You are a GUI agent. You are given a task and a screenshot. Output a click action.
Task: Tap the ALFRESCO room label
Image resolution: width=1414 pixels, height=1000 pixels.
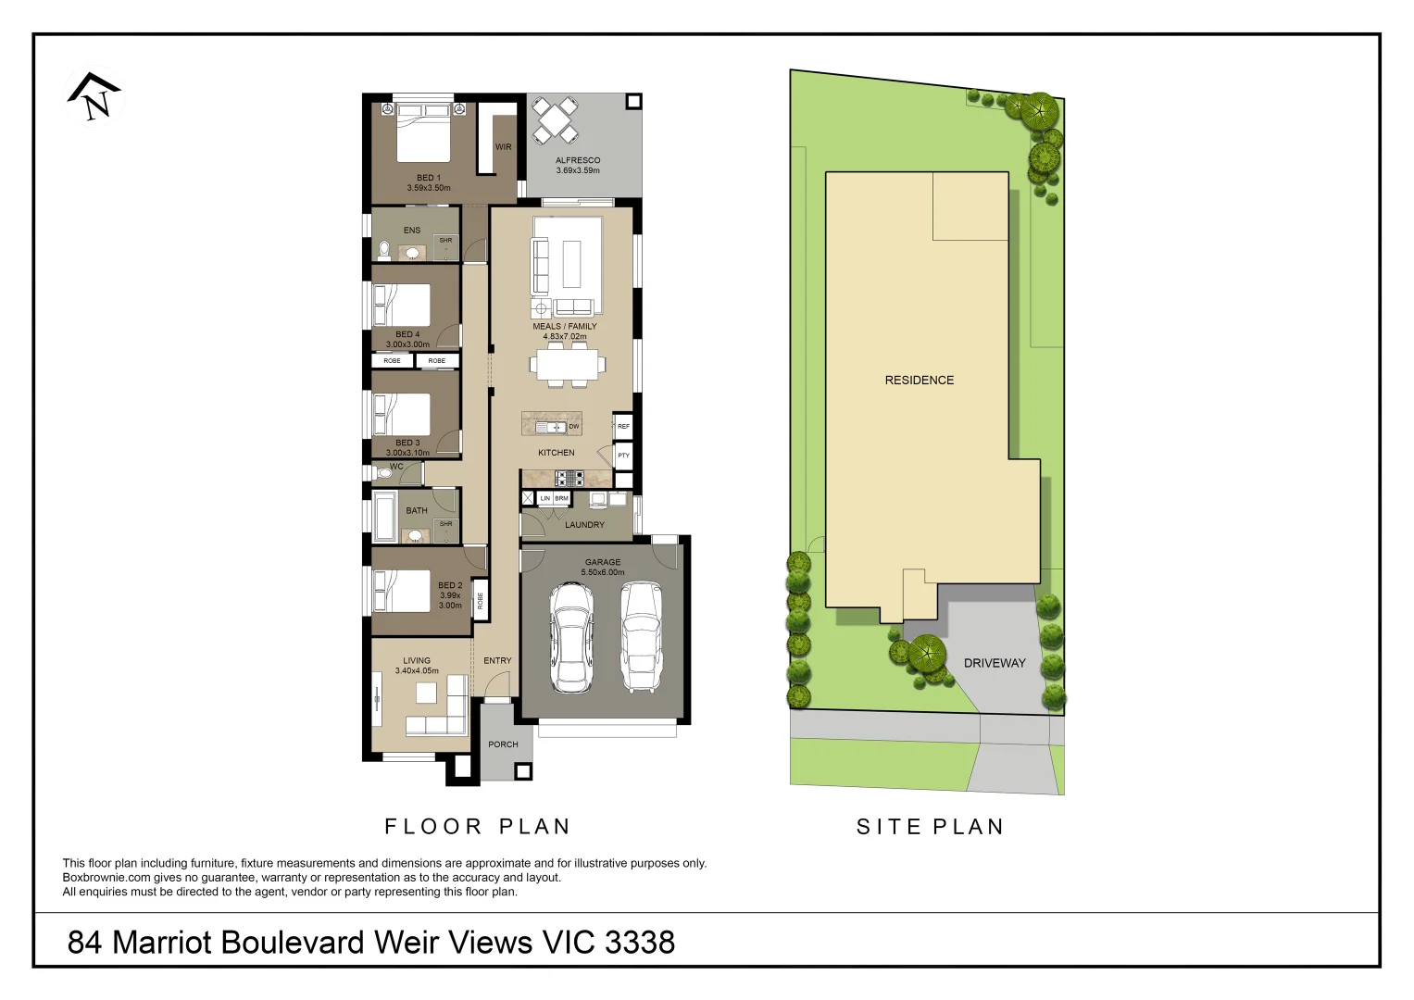tap(578, 160)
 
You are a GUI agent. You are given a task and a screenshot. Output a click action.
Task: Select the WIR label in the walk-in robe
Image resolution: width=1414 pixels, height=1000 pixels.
tap(503, 147)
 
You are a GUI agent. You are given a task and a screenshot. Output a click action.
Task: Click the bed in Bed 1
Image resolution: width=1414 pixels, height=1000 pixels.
tap(424, 133)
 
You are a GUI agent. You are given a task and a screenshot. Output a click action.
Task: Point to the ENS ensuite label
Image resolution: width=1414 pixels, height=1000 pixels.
tap(412, 231)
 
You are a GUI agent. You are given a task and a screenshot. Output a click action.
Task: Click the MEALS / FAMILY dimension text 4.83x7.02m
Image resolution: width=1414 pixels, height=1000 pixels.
tap(565, 337)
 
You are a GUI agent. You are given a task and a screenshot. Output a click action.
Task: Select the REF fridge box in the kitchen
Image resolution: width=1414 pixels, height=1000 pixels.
tap(623, 427)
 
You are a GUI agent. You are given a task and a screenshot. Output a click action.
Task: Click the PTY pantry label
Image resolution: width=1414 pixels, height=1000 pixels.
tap(623, 456)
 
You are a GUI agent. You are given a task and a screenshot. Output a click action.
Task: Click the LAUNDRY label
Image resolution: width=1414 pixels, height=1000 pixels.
tap(584, 525)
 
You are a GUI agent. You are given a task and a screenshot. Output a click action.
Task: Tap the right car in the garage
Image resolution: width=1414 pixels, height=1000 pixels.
tap(641, 637)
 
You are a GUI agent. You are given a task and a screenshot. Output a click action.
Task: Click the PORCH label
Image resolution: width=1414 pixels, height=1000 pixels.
tap(503, 744)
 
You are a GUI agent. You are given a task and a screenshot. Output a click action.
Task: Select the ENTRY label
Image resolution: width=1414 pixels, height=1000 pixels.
tap(497, 661)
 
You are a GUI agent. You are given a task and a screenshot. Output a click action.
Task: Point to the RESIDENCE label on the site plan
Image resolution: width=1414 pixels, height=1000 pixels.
tap(919, 381)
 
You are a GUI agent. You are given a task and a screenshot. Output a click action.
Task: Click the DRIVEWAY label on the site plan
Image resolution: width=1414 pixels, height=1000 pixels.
tap(995, 663)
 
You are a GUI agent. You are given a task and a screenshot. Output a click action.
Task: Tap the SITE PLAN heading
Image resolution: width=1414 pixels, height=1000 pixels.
tap(930, 827)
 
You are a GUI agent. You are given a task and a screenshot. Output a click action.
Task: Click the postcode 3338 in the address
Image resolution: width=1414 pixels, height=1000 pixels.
tap(640, 943)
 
